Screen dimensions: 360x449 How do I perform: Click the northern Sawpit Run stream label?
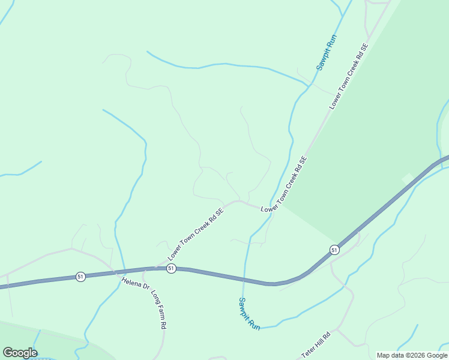click(x=327, y=53)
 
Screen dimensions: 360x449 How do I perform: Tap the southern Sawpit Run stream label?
click(x=249, y=314)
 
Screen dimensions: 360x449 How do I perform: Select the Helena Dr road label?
click(x=135, y=283)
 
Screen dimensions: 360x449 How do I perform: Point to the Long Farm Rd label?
click(x=158, y=310)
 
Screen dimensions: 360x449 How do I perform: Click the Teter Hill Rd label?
click(x=316, y=345)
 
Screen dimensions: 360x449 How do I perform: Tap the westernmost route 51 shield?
click(x=80, y=276)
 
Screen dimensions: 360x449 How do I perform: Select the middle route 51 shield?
click(x=171, y=268)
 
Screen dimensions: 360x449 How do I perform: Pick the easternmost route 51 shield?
click(x=334, y=249)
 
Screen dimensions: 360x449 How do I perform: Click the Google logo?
click(x=20, y=353)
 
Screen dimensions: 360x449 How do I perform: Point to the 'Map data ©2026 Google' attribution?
click(x=412, y=355)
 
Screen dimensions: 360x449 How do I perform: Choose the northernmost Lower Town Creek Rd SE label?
click(x=348, y=76)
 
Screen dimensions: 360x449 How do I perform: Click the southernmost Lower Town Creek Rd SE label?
click(x=196, y=235)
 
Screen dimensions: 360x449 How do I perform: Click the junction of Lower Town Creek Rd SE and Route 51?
click(x=155, y=269)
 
